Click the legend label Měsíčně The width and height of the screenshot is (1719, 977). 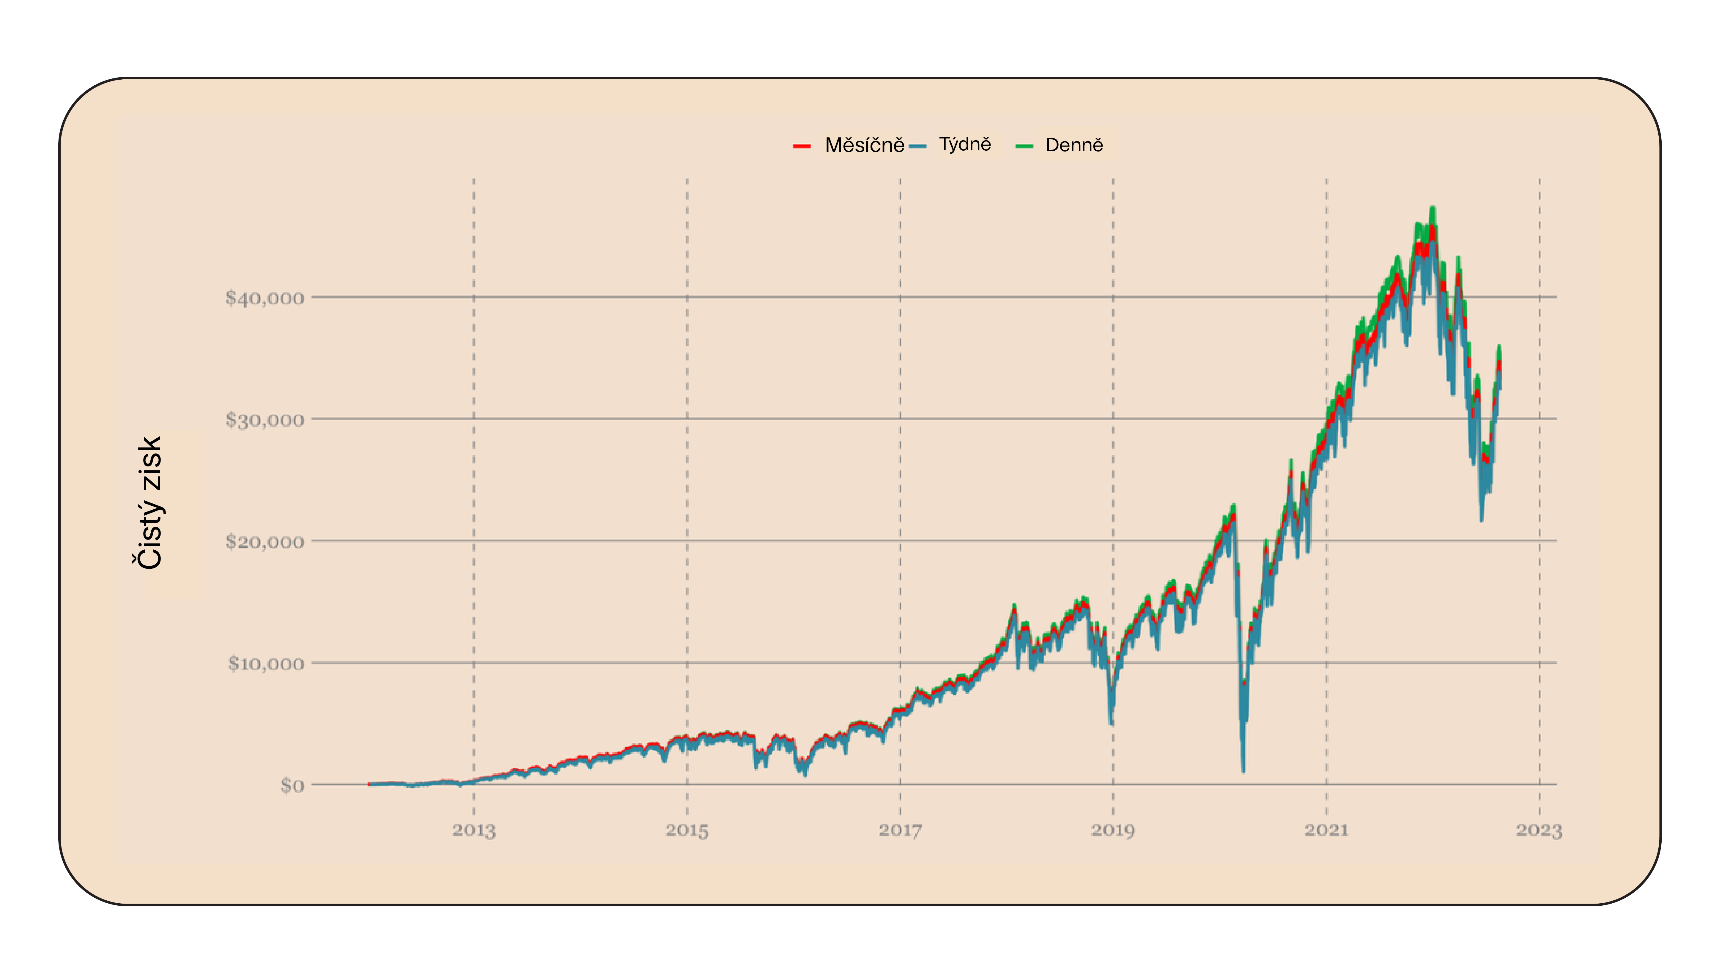tap(864, 145)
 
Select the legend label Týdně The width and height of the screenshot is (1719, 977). tap(965, 144)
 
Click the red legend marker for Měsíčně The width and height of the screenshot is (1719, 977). tap(802, 146)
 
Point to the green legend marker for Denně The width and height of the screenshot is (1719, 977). tap(1024, 146)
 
